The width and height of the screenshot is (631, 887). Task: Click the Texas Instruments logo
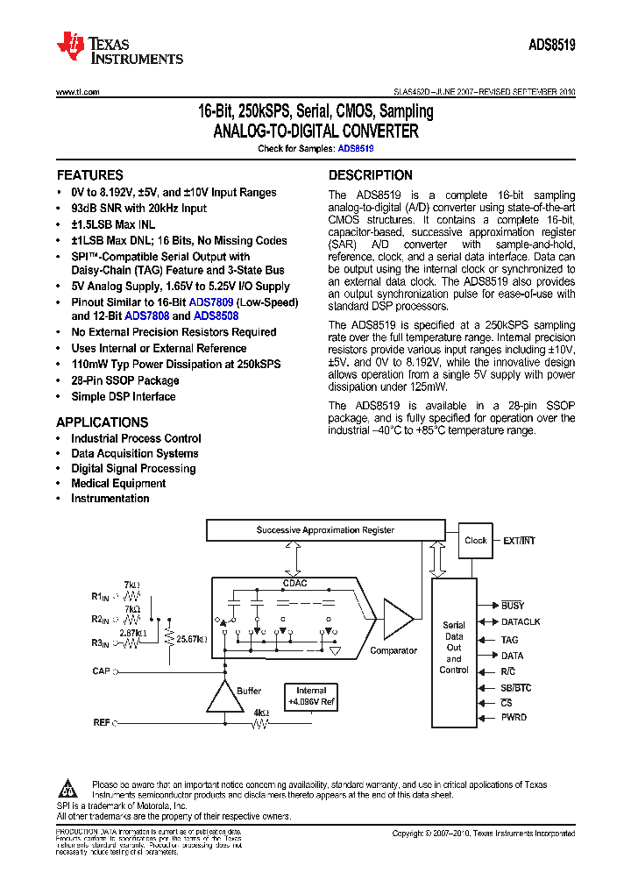pos(119,48)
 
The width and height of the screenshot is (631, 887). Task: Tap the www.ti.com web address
pos(77,92)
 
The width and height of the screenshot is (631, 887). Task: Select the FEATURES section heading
pos(89,175)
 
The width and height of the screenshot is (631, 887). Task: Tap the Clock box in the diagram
pos(476,541)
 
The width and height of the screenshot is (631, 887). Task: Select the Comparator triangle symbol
pos(397,621)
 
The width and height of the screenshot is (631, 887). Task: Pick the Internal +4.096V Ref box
pos(311,697)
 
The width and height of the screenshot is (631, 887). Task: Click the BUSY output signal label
pos(513,606)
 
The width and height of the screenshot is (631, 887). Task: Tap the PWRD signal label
pos(514,717)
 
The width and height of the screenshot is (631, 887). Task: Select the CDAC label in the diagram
pos(294,582)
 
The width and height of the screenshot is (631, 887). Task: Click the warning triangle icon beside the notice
pos(70,787)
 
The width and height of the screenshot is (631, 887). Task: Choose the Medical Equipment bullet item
pos(118,484)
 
